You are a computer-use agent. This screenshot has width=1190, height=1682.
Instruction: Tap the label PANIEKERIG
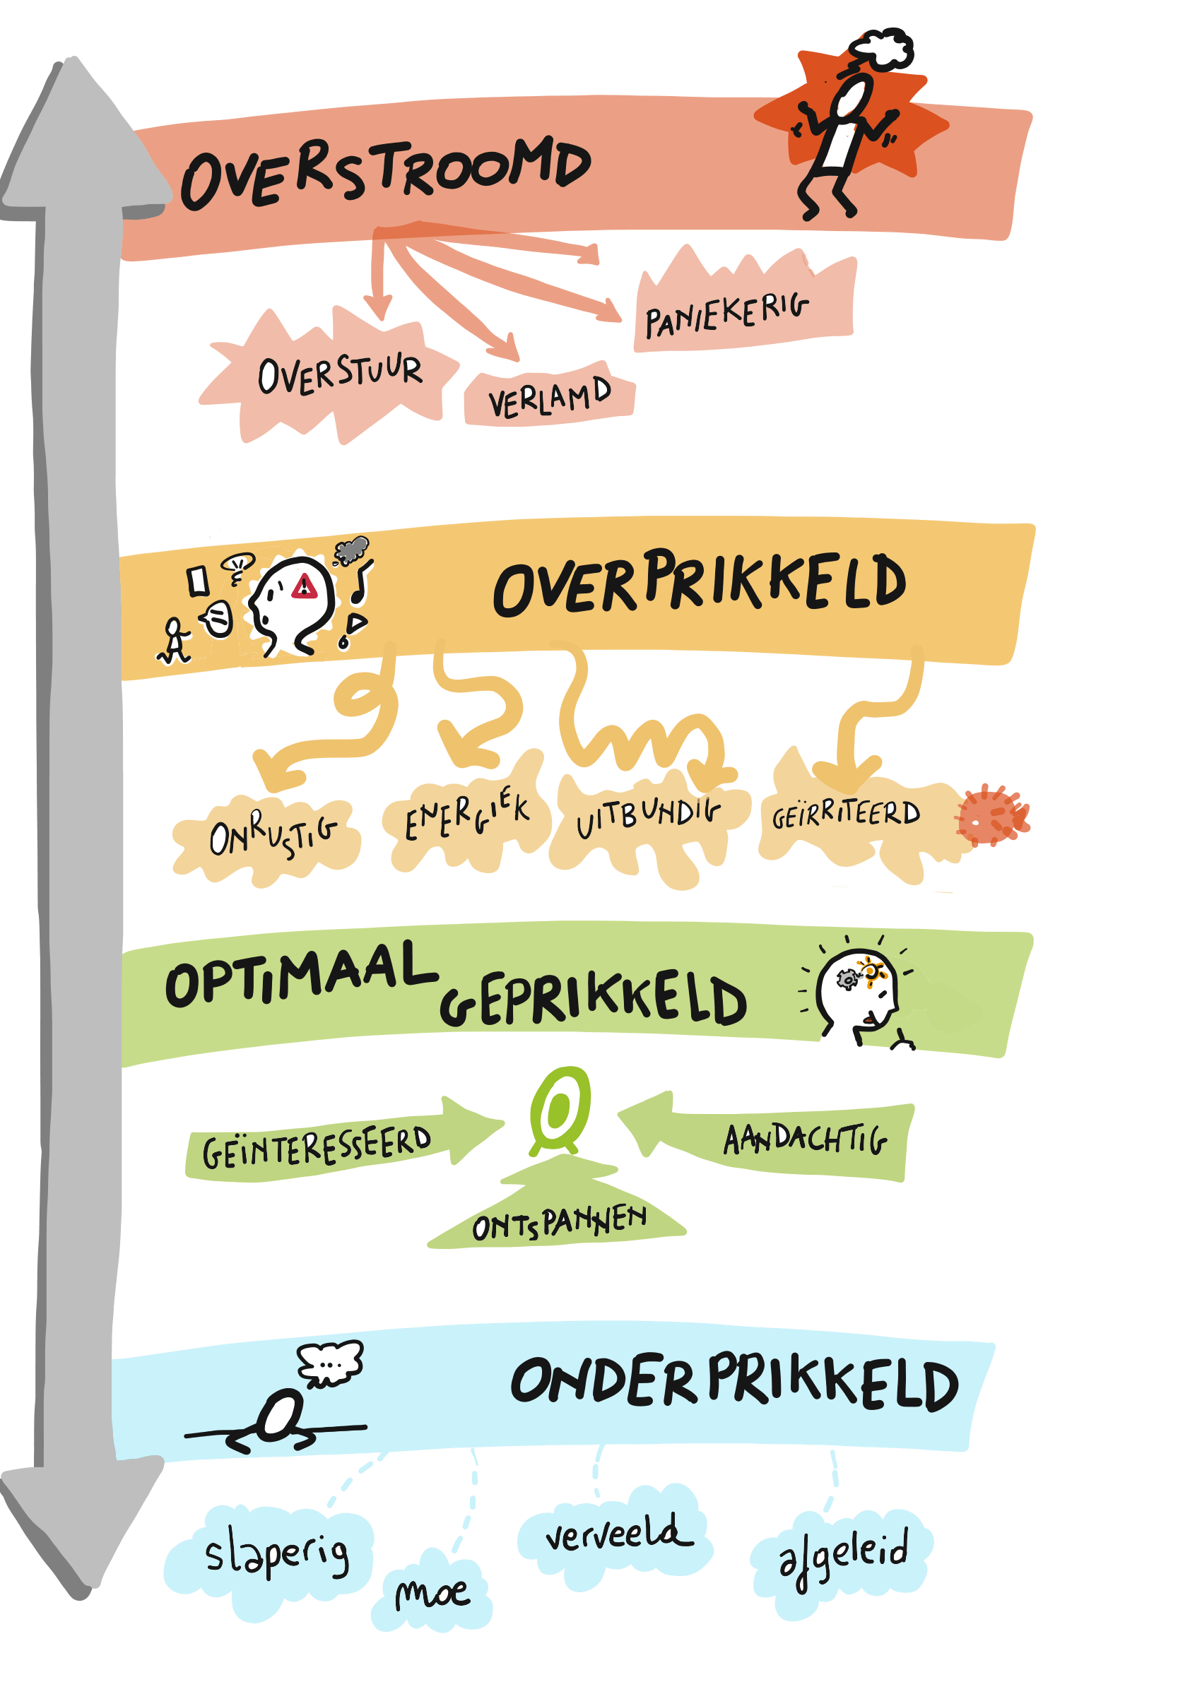point(727,314)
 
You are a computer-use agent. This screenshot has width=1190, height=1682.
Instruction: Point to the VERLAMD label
point(550,398)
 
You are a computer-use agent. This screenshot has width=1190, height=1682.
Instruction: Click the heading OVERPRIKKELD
point(700,583)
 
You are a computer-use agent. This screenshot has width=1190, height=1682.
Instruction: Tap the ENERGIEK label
point(467,813)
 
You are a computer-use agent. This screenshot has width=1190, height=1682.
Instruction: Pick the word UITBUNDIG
point(649,816)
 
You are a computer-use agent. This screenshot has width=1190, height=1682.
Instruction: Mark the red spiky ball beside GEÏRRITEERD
point(991,816)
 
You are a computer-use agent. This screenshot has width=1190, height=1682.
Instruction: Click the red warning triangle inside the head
point(304,587)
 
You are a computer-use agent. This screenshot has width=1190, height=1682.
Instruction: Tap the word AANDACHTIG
point(806,1139)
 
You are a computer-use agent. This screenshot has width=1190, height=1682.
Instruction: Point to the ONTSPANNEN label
point(560,1223)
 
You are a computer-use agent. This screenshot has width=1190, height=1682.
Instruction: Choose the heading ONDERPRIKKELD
point(734,1383)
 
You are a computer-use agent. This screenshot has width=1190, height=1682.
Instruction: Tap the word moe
point(432,1594)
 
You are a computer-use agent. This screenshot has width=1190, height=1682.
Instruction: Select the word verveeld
point(619,1532)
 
